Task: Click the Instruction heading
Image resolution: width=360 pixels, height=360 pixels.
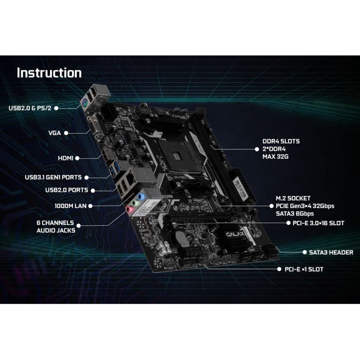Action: pyautogui.click(x=49, y=73)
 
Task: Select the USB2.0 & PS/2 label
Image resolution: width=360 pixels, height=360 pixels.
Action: pyautogui.click(x=30, y=108)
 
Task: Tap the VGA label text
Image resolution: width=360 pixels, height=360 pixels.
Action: pyautogui.click(x=55, y=133)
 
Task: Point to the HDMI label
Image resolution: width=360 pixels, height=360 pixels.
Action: pyautogui.click(x=66, y=158)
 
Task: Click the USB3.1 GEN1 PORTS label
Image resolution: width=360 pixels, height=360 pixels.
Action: pyautogui.click(x=53, y=177)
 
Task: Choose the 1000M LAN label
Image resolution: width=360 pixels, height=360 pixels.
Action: pyautogui.click(x=70, y=206)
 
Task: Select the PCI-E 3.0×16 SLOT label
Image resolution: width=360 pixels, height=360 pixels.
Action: pyautogui.click(x=318, y=223)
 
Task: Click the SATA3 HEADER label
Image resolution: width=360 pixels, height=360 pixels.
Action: pyautogui.click(x=331, y=252)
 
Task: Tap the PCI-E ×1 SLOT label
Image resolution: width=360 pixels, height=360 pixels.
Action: pyautogui.click(x=304, y=269)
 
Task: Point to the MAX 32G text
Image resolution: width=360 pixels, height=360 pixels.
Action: pyautogui.click(x=276, y=156)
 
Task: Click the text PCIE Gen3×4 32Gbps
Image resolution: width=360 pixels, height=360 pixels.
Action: pyautogui.click(x=305, y=206)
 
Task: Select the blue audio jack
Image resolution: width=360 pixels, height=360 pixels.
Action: pyautogui.click(x=141, y=197)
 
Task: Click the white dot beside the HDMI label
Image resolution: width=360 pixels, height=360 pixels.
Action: pyautogui.click(x=77, y=158)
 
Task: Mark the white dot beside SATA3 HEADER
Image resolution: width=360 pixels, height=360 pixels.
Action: pyautogui.click(x=305, y=252)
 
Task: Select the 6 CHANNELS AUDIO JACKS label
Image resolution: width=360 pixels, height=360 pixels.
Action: pyautogui.click(x=56, y=227)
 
